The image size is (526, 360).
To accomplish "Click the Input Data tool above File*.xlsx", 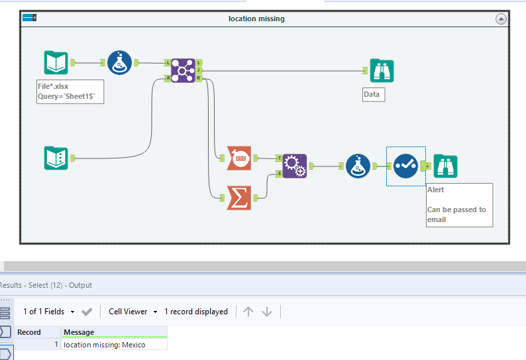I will pyautogui.click(x=56, y=63).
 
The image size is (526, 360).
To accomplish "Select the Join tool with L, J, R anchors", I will pyautogui.click(x=183, y=70).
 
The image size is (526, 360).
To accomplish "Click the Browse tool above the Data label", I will pyautogui.click(x=382, y=70).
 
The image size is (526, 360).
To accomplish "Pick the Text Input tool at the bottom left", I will pyautogui.click(x=56, y=158).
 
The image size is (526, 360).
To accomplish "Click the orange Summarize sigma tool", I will pyautogui.click(x=238, y=197).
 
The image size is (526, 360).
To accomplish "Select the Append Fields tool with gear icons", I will pyautogui.click(x=295, y=166).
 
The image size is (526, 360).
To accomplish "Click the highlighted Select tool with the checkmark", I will pyautogui.click(x=405, y=166).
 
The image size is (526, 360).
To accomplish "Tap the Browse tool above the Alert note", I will pyautogui.click(x=445, y=166).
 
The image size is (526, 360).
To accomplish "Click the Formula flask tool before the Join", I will pyautogui.click(x=120, y=63).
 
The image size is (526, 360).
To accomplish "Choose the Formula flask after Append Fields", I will pyautogui.click(x=358, y=166).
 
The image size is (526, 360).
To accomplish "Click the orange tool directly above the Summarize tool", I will pyautogui.click(x=238, y=158).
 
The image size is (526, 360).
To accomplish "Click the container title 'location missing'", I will pyautogui.click(x=256, y=19).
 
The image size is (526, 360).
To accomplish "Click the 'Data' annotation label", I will pyautogui.click(x=372, y=94).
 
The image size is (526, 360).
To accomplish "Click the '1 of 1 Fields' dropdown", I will pyautogui.click(x=48, y=312).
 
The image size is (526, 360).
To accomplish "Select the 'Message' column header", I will pyautogui.click(x=79, y=332).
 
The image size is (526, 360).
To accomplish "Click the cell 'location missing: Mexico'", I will pyautogui.click(x=105, y=345).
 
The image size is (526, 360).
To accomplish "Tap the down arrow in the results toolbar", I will pyautogui.click(x=267, y=312).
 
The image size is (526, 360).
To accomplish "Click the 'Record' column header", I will pyautogui.click(x=29, y=332).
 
